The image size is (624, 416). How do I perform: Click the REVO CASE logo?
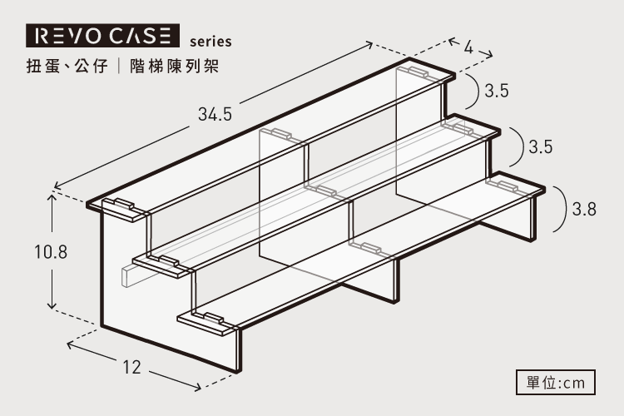pos(102,37)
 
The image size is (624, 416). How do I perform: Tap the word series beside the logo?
pos(210,40)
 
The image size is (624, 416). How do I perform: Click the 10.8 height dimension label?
pos(50,250)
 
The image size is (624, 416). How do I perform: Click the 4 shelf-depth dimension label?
pos(468,47)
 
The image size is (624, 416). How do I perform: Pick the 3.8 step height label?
pos(584,209)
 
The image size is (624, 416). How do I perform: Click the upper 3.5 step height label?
pos(497,91)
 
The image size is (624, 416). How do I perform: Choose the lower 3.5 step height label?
pos(541,147)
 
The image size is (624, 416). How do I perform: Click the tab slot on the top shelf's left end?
pos(121,206)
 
